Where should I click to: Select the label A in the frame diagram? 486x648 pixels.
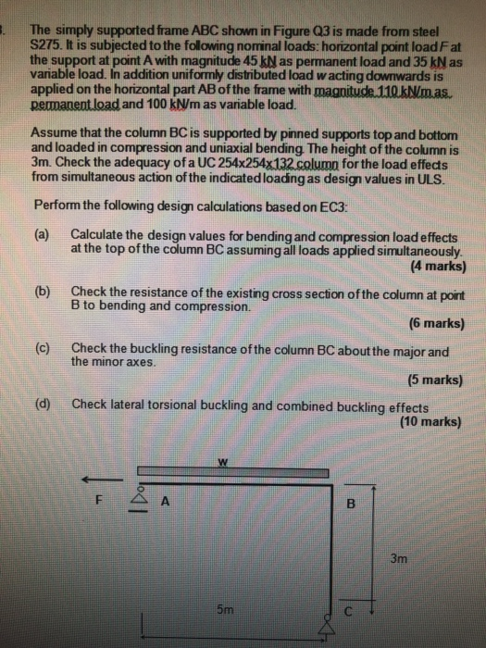pyautogui.click(x=166, y=504)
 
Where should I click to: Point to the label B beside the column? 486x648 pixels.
pyautogui.click(x=350, y=505)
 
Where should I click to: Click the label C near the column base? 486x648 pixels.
pyautogui.click(x=349, y=612)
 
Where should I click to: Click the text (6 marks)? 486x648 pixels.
pyautogui.click(x=435, y=324)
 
